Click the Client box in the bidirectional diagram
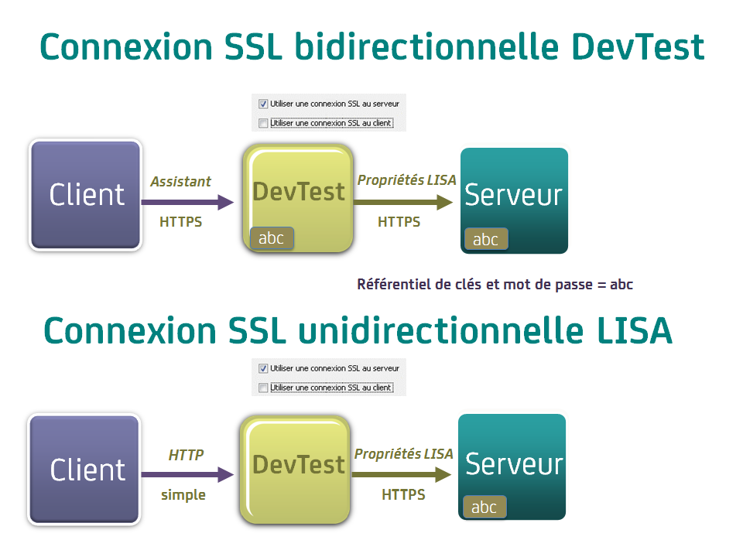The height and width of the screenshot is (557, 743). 86,195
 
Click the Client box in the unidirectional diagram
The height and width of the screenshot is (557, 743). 84,470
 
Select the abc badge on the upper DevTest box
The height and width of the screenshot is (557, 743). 272,237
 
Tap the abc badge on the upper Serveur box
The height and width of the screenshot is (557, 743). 486,239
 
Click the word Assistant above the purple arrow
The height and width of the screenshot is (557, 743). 180,181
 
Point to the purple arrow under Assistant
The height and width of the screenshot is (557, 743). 187,202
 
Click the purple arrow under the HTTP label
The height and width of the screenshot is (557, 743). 187,474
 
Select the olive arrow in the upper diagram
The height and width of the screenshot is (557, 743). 403,202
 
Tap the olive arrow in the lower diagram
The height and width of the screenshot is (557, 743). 402,474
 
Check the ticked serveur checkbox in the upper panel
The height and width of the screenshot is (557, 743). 263,104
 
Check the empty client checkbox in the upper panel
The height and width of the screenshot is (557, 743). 263,123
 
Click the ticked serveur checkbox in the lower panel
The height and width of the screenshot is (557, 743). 263,368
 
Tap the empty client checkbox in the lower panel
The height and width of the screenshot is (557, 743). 263,388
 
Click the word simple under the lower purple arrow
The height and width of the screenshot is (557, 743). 183,495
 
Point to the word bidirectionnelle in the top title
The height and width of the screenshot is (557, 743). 427,46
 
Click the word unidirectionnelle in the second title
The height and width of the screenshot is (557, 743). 440,330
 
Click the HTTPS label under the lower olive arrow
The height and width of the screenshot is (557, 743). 404,494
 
